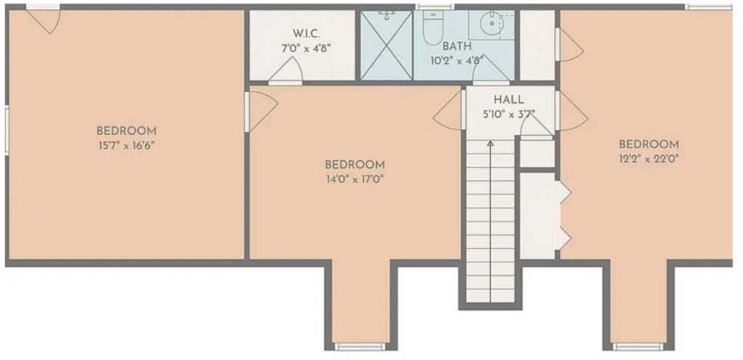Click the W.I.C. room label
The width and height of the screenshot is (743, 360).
(306, 33)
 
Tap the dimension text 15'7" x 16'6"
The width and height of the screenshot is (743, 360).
(126, 145)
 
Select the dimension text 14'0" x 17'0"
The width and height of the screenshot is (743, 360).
(354, 179)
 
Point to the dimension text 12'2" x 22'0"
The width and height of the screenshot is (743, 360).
(649, 159)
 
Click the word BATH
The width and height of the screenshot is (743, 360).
(457, 46)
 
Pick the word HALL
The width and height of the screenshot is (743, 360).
(509, 99)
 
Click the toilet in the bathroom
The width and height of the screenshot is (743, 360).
(432, 28)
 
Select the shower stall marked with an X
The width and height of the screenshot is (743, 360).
(386, 45)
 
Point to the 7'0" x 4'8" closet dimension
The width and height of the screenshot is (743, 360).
(306, 49)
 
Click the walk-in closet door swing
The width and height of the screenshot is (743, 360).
(286, 70)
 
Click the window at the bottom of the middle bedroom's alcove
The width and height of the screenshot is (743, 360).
(361, 347)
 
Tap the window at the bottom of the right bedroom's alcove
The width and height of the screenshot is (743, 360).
(638, 347)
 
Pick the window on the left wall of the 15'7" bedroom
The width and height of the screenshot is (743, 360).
(6, 130)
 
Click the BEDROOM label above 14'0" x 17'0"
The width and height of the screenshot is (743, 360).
(354, 165)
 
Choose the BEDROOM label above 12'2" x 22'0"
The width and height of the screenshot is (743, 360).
(649, 144)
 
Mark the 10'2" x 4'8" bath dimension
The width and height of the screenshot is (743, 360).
(457, 60)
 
